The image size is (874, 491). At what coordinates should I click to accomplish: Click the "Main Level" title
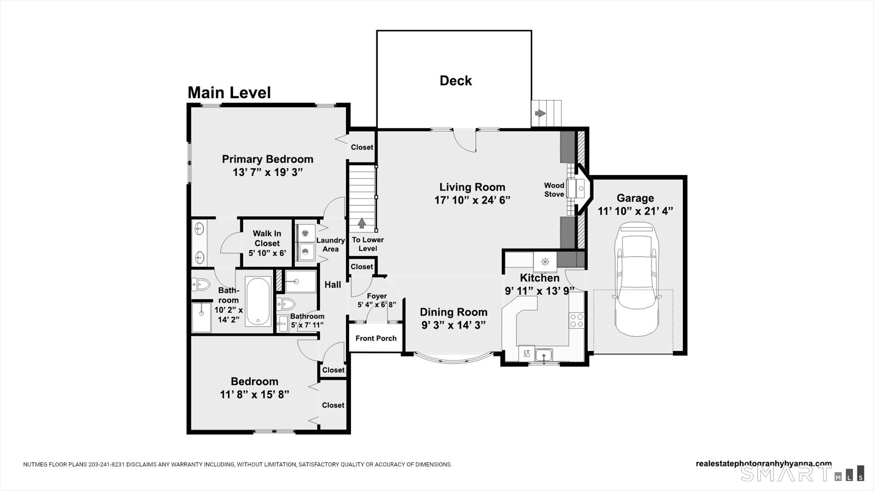point(229,93)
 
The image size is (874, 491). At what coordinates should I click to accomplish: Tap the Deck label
point(455,81)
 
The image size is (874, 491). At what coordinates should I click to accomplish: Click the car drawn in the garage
point(635,279)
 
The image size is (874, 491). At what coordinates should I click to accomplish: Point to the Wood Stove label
point(554,190)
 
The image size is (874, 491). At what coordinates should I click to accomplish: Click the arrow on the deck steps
point(541,113)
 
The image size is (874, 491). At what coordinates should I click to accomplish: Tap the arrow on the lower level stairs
point(362,223)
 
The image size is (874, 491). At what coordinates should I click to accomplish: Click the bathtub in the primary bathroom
point(258,301)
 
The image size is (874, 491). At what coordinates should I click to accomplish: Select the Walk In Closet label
point(267,238)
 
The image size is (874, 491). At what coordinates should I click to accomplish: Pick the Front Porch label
point(376,338)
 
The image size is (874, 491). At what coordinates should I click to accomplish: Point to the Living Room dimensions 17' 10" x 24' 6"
point(472,200)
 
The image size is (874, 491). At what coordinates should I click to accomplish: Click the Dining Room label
point(454,312)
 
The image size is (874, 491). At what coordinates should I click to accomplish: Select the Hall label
point(333,285)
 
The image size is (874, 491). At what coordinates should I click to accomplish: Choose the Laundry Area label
point(330,244)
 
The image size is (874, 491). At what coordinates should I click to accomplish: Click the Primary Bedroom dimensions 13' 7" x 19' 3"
point(267,172)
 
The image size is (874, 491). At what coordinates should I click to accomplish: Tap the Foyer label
point(377,296)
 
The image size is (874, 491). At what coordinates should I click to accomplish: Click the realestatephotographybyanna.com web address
point(764,464)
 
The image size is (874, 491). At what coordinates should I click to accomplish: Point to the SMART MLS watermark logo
point(802,474)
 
